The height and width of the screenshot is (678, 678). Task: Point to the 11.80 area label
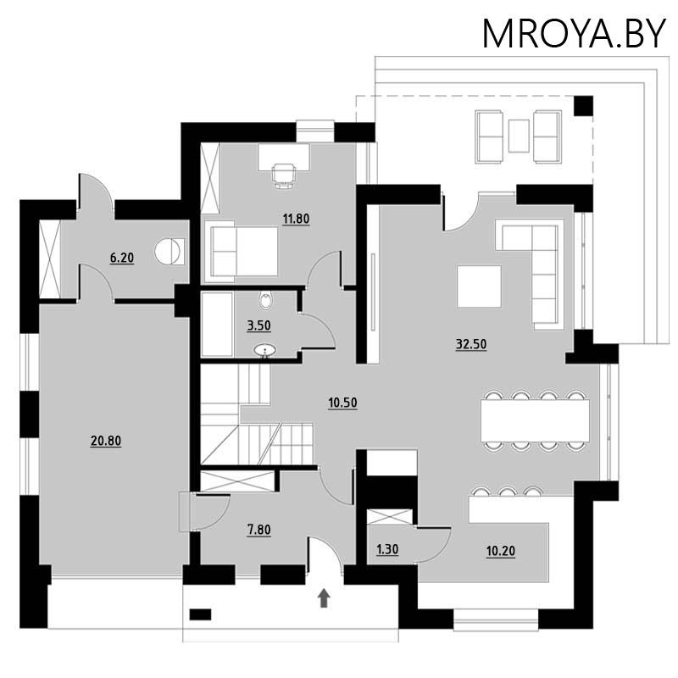pos(296,219)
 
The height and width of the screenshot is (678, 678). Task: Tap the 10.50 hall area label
pos(342,403)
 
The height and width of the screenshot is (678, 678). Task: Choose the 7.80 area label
pos(259,531)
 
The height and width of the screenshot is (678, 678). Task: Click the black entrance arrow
pos(324,599)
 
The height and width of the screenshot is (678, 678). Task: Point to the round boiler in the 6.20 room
pos(166,251)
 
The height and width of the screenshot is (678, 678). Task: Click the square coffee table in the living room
pos(479,286)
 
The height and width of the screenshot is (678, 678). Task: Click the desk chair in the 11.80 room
pos(284,173)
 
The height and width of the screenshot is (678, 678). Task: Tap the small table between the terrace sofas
pos(519,136)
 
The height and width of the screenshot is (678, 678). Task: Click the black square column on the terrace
pos(583,105)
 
